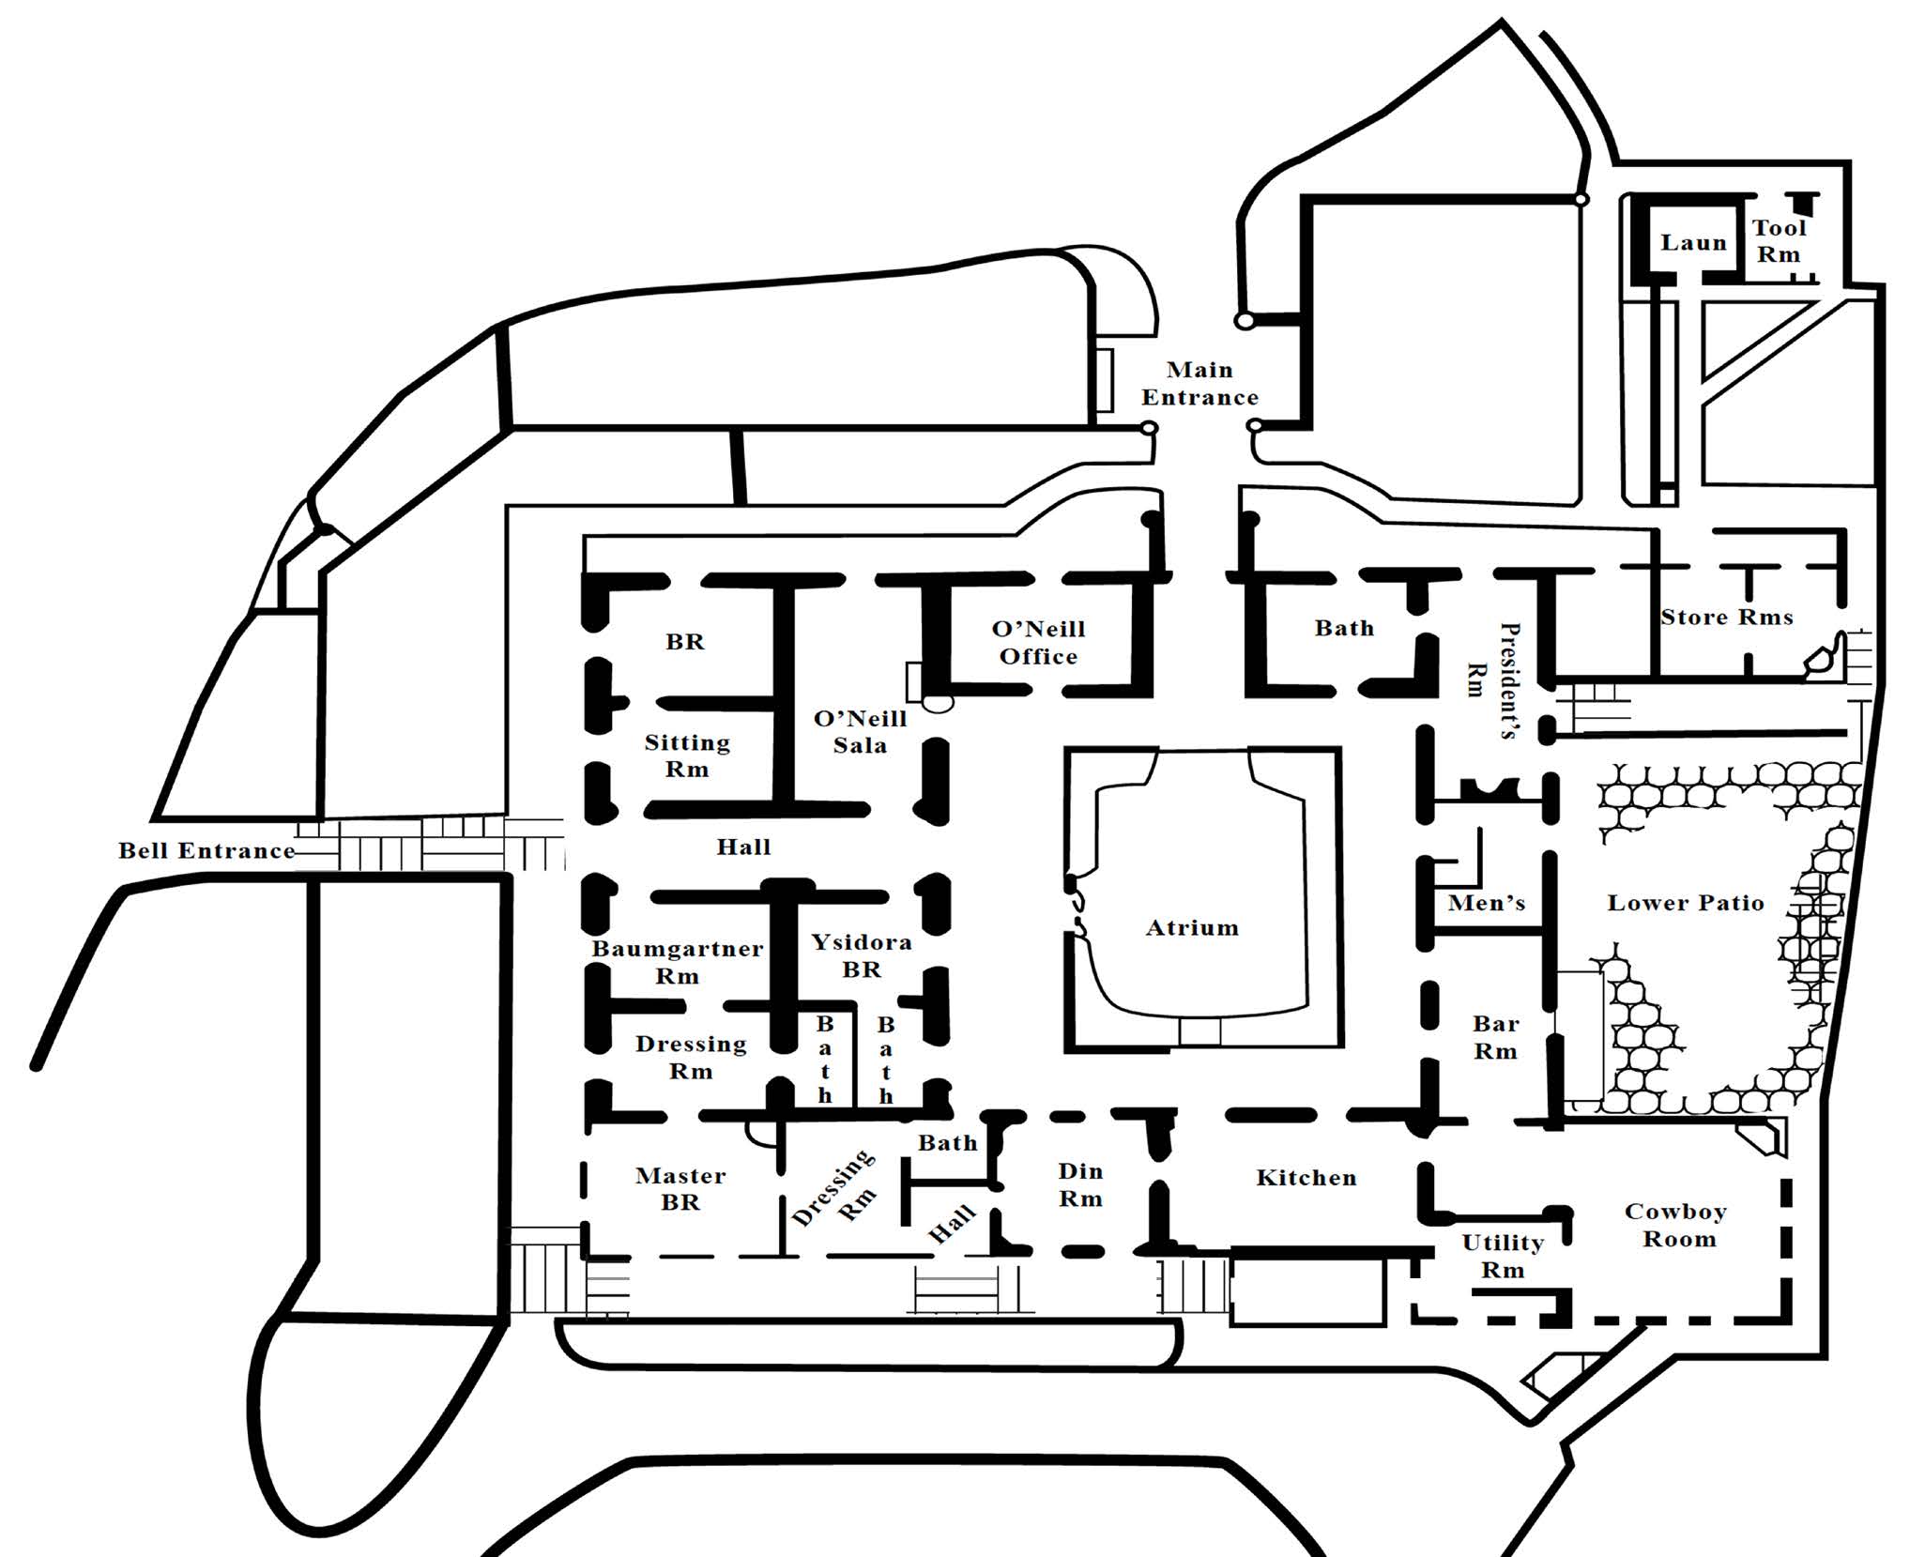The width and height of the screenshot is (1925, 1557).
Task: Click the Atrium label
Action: click(1192, 928)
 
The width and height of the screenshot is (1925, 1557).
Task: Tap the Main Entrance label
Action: click(1199, 384)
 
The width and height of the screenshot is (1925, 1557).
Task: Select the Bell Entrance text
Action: click(206, 851)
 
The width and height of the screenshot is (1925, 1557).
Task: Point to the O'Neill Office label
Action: click(1038, 643)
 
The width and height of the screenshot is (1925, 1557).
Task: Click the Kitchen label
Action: click(1306, 1178)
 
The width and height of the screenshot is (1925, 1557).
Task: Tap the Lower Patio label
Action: click(1686, 903)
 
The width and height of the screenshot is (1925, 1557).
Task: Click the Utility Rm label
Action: click(1503, 1257)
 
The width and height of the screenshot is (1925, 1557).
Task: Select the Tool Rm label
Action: click(1779, 241)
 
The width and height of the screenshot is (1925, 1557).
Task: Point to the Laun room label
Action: click(1693, 243)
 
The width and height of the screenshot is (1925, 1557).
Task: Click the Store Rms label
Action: click(1727, 618)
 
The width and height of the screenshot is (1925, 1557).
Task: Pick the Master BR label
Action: click(680, 1189)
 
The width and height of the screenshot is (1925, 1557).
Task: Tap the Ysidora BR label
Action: click(862, 955)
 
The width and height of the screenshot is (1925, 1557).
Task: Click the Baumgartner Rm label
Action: click(677, 962)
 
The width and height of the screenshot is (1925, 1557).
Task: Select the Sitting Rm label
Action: click(687, 756)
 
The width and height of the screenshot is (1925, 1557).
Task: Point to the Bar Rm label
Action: click(1495, 1037)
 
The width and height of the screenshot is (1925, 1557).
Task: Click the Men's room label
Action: click(1487, 904)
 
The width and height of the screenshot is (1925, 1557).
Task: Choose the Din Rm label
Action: click(1080, 1184)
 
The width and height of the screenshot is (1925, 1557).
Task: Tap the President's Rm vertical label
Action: click(1492, 680)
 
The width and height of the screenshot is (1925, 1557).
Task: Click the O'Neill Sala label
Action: click(861, 732)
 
